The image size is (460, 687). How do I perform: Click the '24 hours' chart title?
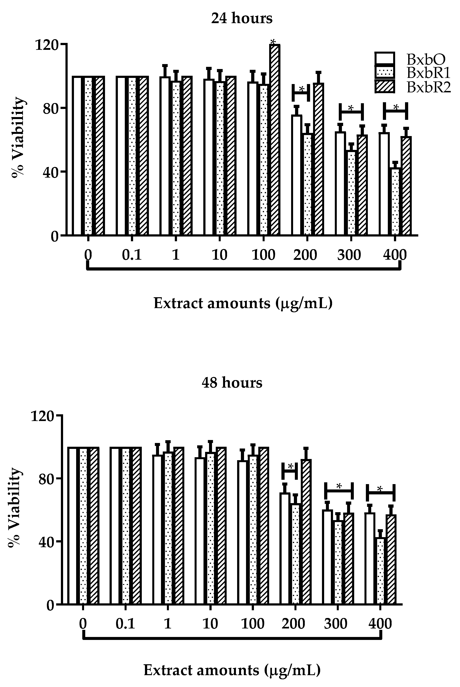(242, 18)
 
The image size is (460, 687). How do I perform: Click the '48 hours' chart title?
(232, 383)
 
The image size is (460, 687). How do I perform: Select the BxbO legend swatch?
(385, 58)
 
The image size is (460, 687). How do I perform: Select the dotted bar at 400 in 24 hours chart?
(395, 203)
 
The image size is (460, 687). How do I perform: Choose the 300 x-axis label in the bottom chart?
(336, 623)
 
